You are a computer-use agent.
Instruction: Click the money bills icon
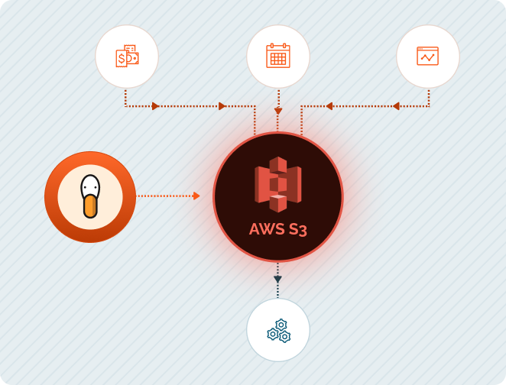pos(127,57)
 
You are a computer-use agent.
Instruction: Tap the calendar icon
pos(277,56)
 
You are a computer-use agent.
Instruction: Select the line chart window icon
pos(428,56)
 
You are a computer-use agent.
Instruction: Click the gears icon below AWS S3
pos(278,330)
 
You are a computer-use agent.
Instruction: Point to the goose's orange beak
pos(90,205)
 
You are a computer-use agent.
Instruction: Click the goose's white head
pos(90,186)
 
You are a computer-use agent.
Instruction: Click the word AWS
pos(264,229)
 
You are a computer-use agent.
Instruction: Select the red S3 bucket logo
pos(277,184)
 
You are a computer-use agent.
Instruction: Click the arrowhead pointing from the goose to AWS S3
pos(196,196)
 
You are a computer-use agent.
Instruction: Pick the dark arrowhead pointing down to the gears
pos(277,280)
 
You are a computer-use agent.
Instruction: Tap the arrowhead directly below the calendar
pos(278,112)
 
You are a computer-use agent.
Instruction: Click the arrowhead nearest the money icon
pos(155,106)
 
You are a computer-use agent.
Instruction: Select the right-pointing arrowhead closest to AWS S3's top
pos(222,106)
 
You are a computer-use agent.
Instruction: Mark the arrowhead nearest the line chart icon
pos(396,106)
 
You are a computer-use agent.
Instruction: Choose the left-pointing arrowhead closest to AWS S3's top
pos(329,106)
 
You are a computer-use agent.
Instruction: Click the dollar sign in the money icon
pos(121,58)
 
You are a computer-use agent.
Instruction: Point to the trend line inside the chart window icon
pos(428,58)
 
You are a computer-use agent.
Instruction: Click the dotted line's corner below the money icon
pos(126,106)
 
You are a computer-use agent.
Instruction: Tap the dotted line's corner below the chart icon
pos(429,106)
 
